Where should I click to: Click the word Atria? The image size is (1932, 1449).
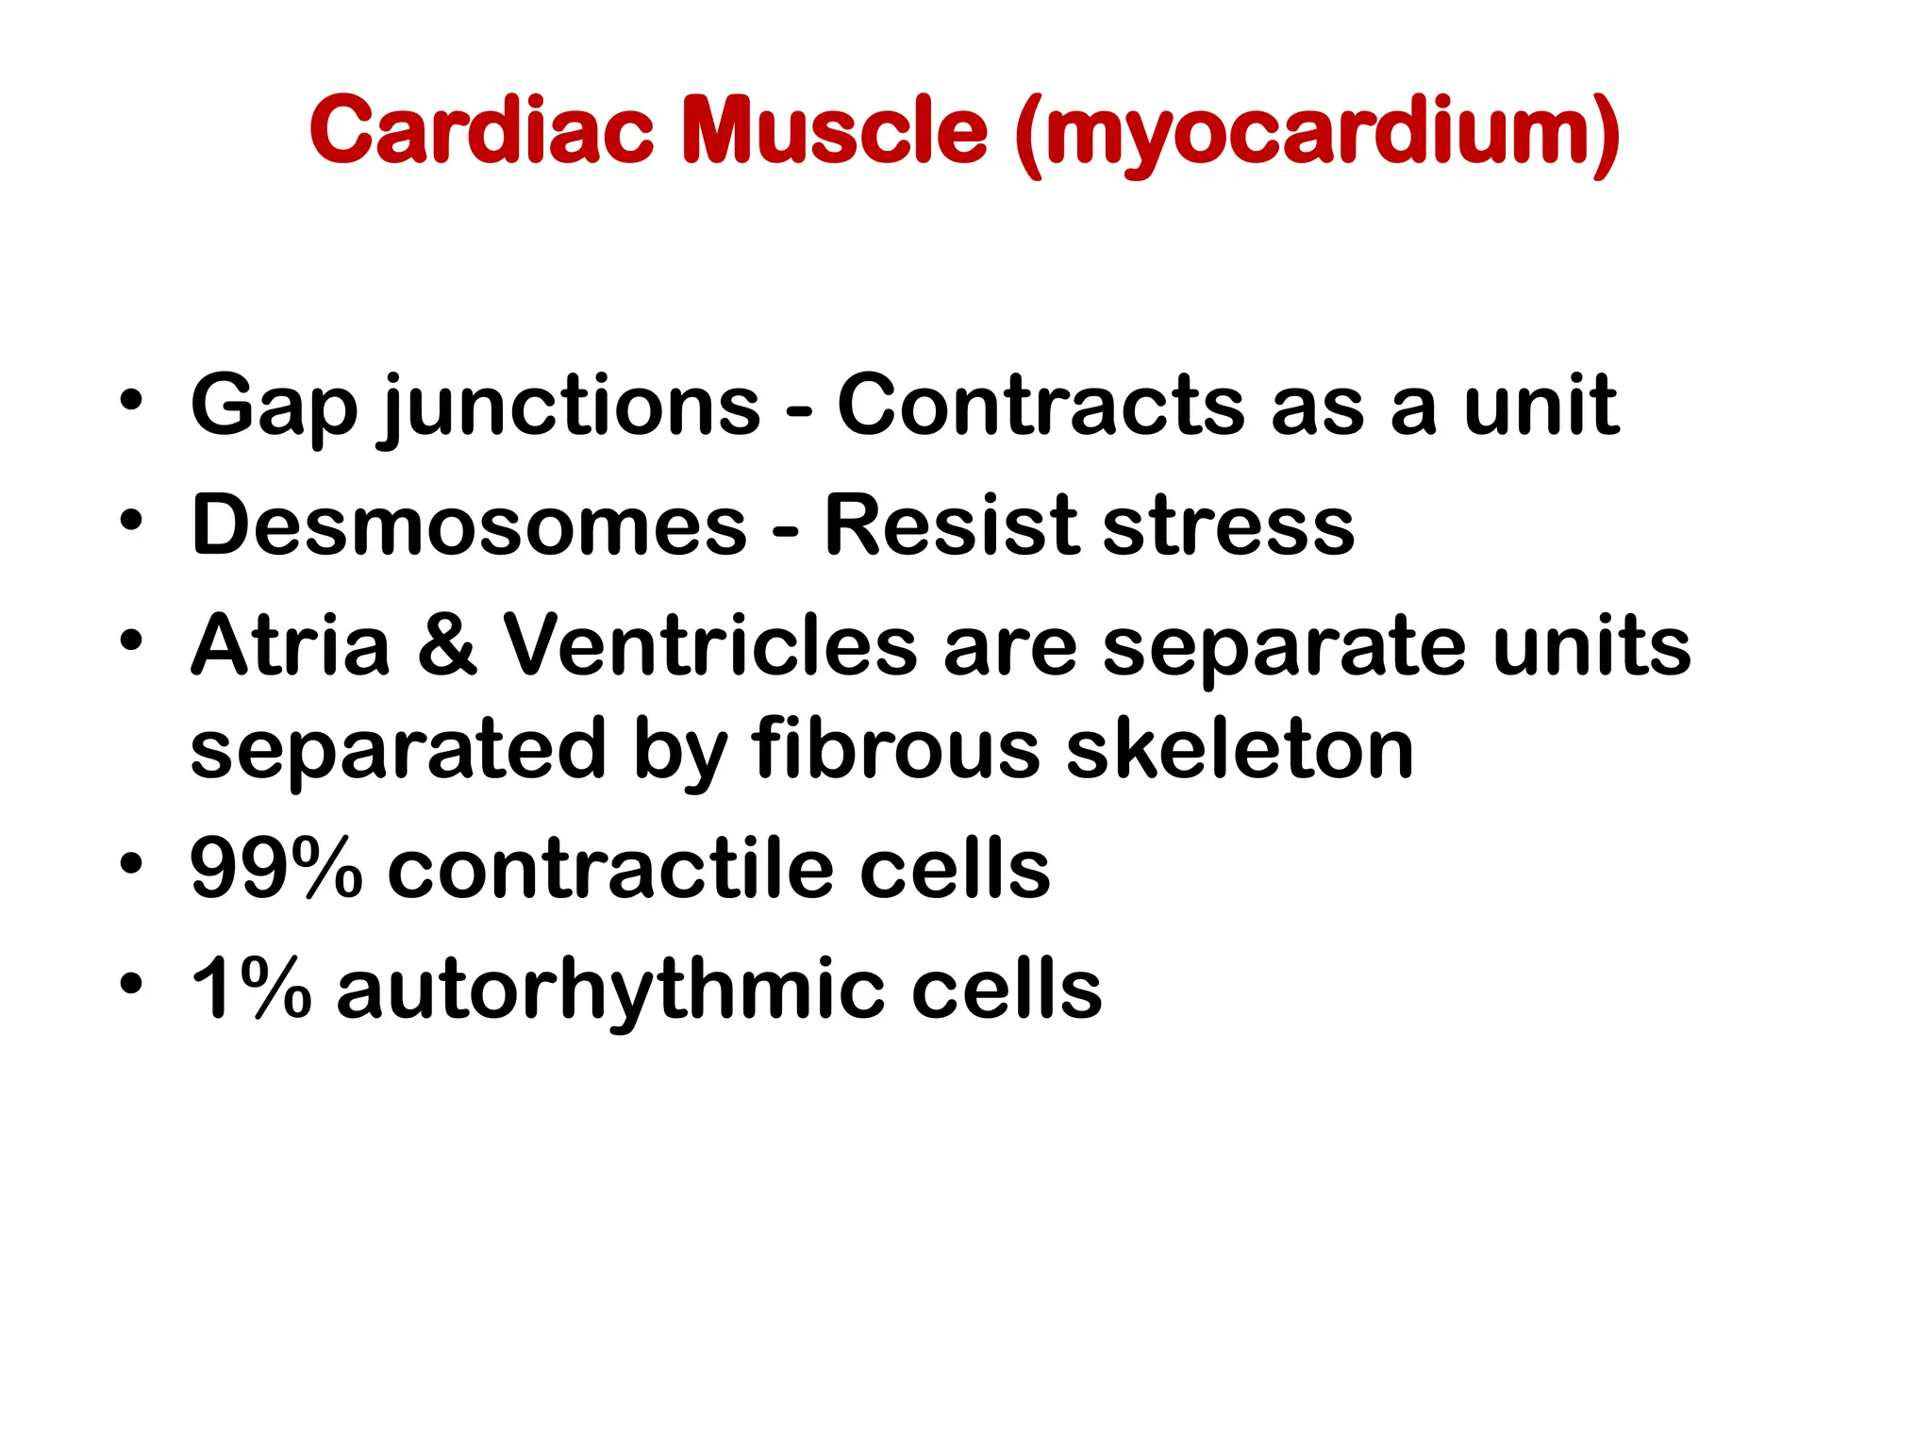click(x=291, y=646)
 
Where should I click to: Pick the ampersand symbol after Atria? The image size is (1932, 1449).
click(x=447, y=646)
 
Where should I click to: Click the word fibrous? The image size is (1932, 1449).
click(x=896, y=750)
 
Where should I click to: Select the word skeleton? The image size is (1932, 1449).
click(x=1240, y=750)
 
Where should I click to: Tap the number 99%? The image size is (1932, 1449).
click(x=275, y=869)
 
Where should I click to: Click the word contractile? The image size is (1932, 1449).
click(x=611, y=869)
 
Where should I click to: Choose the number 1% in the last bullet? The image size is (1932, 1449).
click(x=251, y=989)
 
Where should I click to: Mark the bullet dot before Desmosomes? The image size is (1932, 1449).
click(x=131, y=520)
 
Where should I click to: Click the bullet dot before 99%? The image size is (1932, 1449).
click(x=131, y=863)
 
